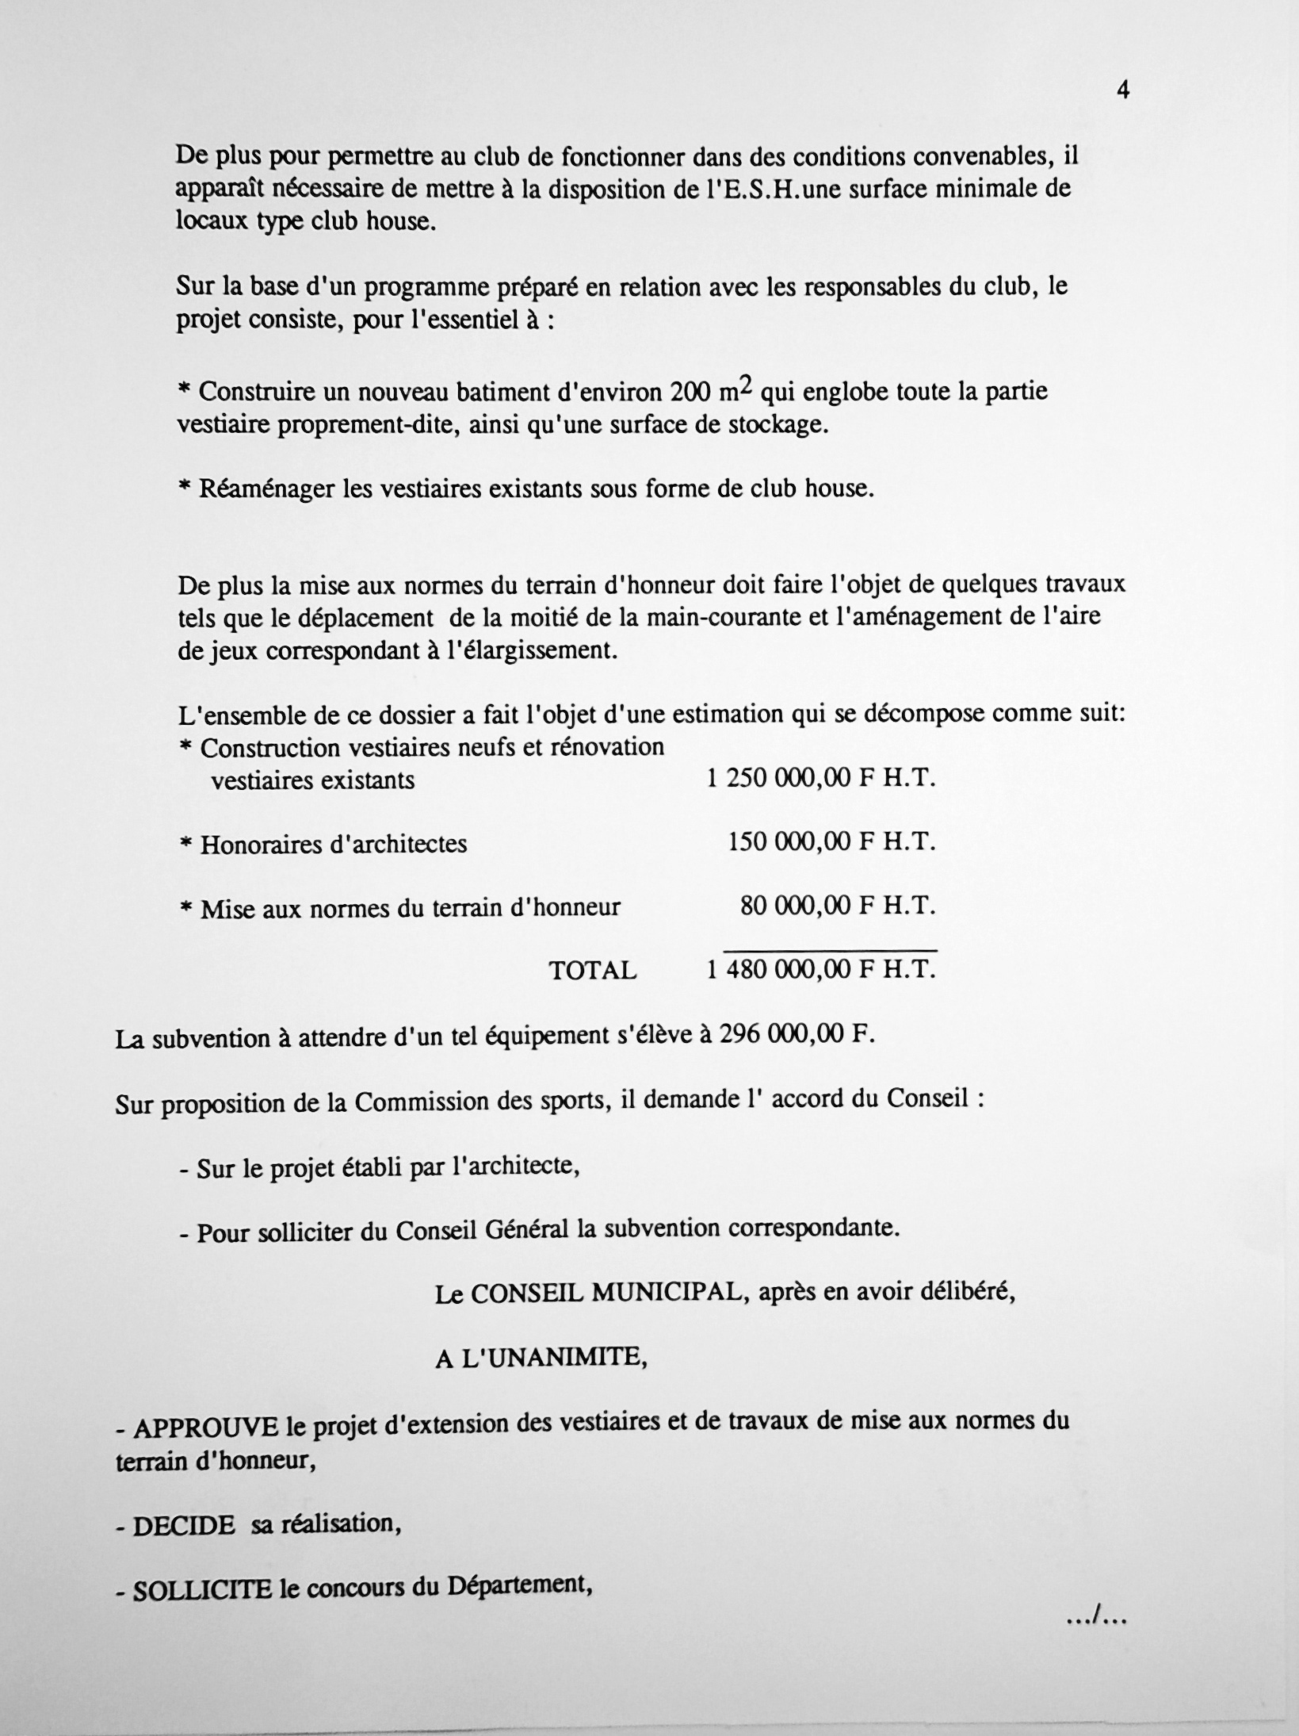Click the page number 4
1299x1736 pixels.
1122,90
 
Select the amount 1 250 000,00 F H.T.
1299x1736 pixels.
821,779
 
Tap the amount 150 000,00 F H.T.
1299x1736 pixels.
831,842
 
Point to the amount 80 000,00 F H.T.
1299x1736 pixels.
838,906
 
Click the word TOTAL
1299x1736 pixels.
593,970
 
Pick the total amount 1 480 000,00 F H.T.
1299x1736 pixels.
821,968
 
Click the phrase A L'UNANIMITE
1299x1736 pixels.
541,1359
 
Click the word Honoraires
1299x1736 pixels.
259,844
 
